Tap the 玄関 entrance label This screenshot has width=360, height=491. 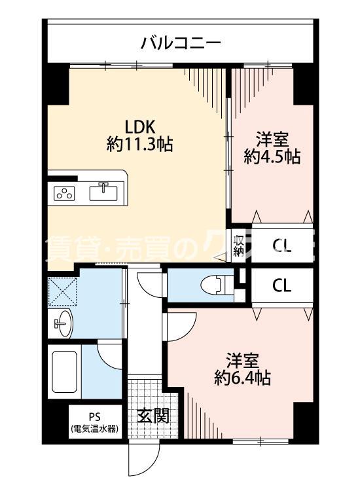153,416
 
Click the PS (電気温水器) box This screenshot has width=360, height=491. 94,424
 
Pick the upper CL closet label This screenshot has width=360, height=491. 282,246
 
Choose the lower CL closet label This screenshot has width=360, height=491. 282,285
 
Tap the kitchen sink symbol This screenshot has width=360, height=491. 103,192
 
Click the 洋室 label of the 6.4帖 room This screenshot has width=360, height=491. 243,360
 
